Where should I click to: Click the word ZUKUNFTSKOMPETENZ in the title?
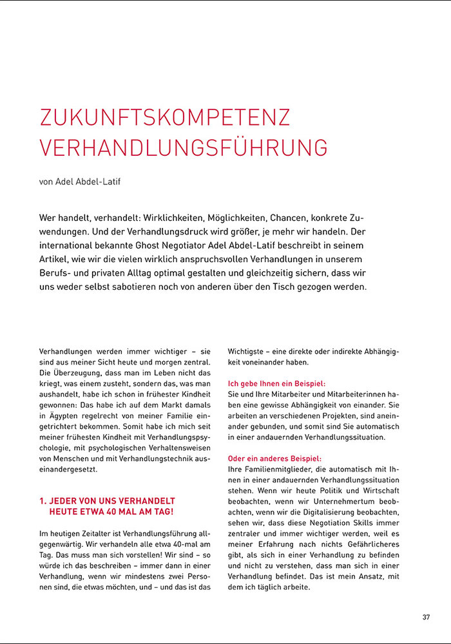pos(165,117)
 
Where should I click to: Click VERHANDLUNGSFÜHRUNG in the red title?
pos(184,147)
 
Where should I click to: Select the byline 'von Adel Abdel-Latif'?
pos(80,182)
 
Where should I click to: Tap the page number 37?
pos(426,617)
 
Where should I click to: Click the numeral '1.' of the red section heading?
pos(43,500)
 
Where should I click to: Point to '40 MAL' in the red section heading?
pos(119,511)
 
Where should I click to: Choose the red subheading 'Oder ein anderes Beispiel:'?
pos(274,458)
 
